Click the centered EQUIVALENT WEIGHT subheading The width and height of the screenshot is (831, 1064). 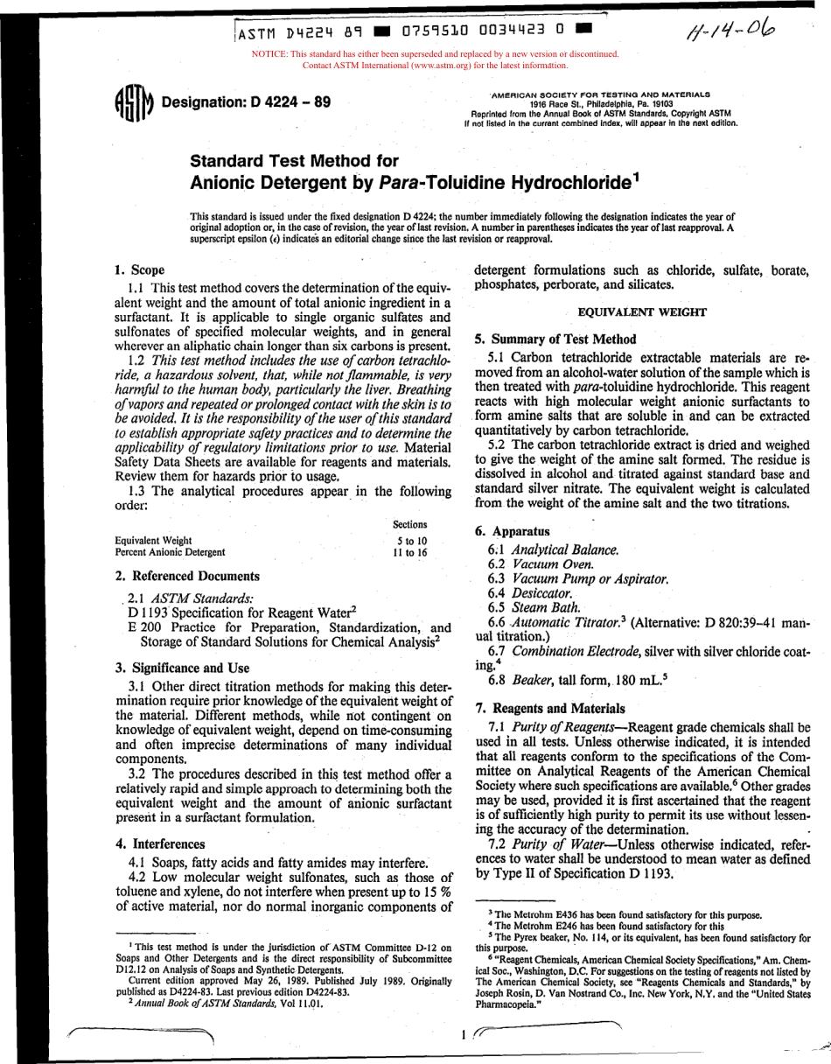coord(641,311)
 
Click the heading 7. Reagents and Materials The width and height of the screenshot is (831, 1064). coord(549,708)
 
